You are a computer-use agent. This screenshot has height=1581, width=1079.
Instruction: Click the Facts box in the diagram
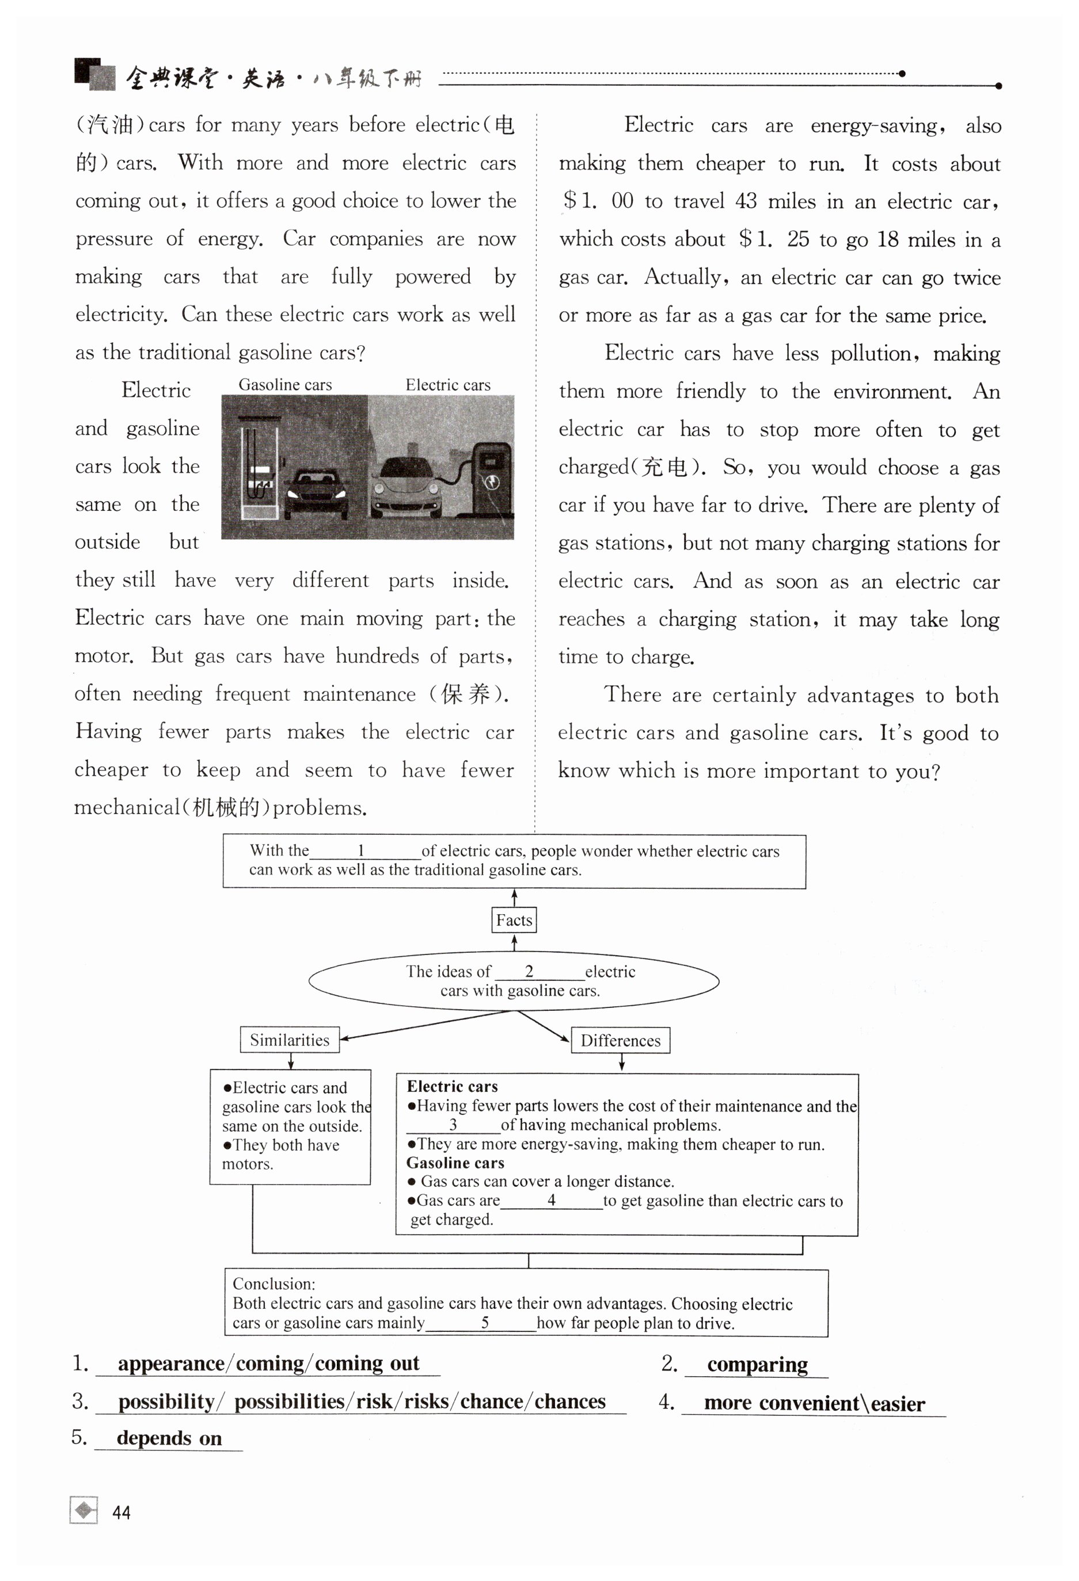tap(514, 920)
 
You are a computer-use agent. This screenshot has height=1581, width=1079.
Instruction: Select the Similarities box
tap(289, 1040)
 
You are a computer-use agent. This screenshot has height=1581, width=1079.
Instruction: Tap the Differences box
tap(620, 1040)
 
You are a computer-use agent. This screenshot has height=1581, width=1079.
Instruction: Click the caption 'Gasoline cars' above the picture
tap(285, 384)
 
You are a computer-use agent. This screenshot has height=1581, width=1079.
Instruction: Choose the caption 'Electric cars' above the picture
tap(448, 384)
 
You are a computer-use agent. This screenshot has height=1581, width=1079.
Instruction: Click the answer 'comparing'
tap(757, 1364)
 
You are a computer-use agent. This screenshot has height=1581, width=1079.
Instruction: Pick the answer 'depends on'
tap(169, 1438)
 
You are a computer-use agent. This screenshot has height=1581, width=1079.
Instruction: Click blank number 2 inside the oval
tap(530, 972)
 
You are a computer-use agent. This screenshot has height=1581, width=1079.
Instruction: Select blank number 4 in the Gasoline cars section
tap(552, 1200)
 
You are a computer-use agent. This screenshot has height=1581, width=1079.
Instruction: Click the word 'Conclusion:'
tap(273, 1284)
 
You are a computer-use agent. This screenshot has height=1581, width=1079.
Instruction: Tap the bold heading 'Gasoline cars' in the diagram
tap(455, 1163)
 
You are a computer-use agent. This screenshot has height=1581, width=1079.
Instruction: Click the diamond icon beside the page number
tap(83, 1510)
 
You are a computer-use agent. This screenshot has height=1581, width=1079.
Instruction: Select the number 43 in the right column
tap(746, 201)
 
